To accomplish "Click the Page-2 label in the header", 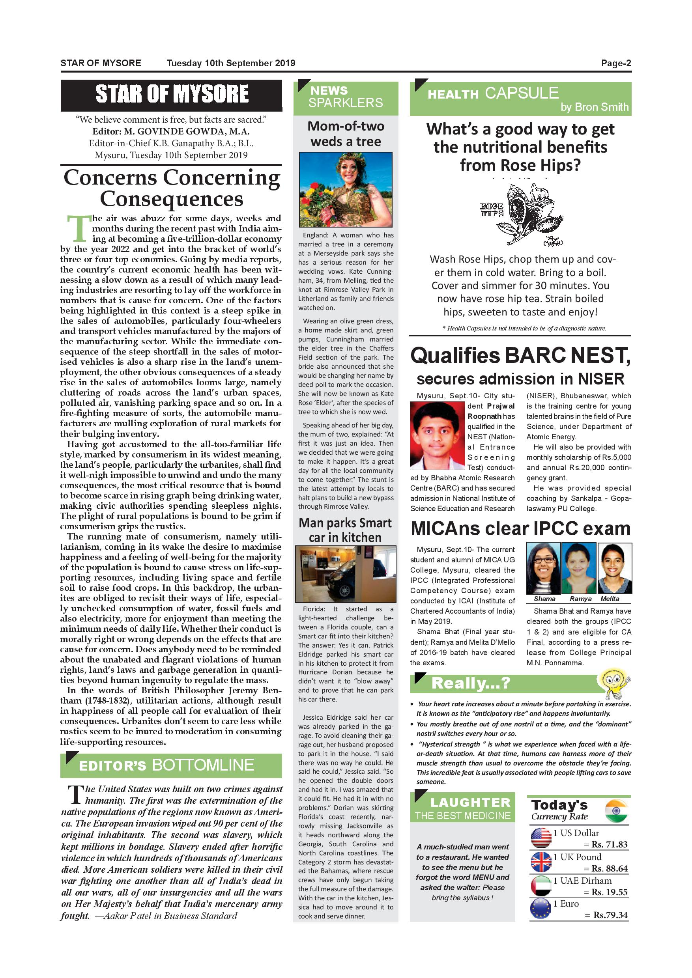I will (x=616, y=63).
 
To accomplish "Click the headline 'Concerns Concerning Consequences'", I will (x=171, y=188).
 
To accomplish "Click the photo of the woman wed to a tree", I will (x=346, y=189).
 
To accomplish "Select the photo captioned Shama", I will (x=543, y=568).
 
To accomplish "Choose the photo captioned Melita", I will (x=614, y=568).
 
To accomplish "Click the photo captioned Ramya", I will (x=579, y=568).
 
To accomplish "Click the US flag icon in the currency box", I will (x=541, y=838).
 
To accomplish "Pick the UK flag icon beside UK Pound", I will (x=541, y=862).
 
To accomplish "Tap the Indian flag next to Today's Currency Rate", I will (x=616, y=812).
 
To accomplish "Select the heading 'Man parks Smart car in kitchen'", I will (x=345, y=530).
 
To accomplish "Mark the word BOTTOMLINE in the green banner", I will (x=203, y=765).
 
